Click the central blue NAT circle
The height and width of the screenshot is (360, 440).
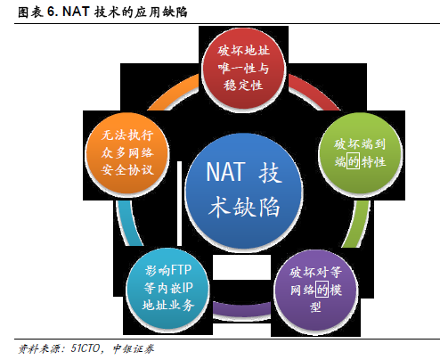pyautogui.click(x=244, y=191)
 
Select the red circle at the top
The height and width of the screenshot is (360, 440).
pyautogui.click(x=243, y=68)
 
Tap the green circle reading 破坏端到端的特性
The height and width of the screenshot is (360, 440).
pyautogui.click(x=360, y=153)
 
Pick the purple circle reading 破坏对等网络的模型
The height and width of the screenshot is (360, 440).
pyautogui.click(x=315, y=290)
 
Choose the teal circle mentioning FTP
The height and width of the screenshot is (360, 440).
pyautogui.click(x=168, y=288)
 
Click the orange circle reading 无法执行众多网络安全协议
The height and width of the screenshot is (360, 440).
pyautogui.click(x=127, y=153)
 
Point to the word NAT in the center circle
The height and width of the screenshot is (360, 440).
pyautogui.click(x=226, y=172)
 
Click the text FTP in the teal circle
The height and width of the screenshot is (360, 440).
pyautogui.click(x=182, y=270)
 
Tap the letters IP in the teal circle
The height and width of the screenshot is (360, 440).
pyautogui.click(x=188, y=288)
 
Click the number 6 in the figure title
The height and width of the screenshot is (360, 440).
pyautogui.click(x=52, y=12)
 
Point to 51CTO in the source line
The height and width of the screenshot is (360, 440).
pyautogui.click(x=86, y=348)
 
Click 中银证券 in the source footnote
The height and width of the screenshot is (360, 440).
pyautogui.click(x=134, y=348)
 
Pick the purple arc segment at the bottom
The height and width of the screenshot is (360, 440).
pyautogui.click(x=241, y=308)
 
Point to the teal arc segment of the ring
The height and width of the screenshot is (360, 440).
pyautogui.click(x=128, y=224)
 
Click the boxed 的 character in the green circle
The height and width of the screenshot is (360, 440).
pyautogui.click(x=354, y=161)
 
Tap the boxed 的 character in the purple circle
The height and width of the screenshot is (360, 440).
pyautogui.click(x=322, y=289)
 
